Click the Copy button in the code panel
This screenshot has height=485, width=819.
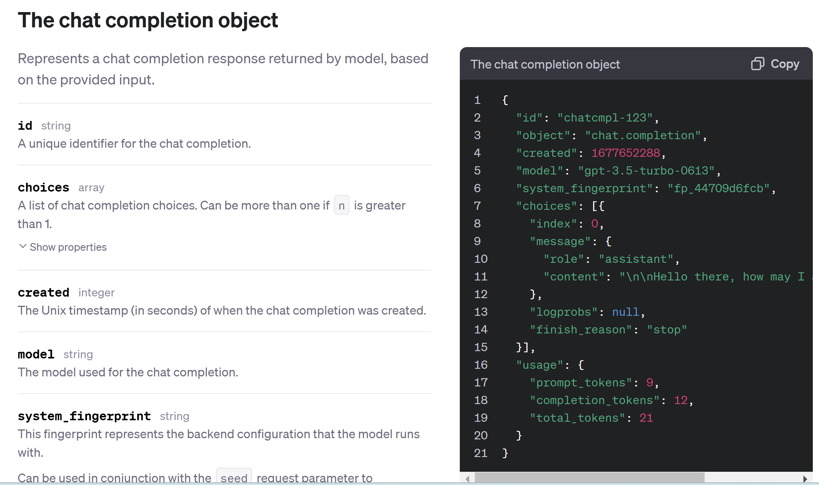pos(775,64)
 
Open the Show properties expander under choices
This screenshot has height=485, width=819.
pos(63,247)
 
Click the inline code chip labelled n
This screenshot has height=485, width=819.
pos(341,206)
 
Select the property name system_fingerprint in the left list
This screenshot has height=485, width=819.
pos(84,416)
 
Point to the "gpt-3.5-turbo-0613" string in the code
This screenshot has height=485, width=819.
pos(647,171)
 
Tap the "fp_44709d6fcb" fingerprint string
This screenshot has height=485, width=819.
pos(719,188)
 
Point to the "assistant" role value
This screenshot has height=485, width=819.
pos(636,259)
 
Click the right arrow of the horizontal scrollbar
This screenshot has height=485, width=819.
pos(805,479)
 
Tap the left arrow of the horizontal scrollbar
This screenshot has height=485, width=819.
pos(467,479)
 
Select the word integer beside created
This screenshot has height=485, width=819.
pos(96,293)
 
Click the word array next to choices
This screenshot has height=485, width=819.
pos(91,187)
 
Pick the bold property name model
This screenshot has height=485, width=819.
pos(36,354)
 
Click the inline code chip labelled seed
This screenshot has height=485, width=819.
pos(234,478)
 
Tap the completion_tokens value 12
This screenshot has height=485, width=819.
pos(681,400)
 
